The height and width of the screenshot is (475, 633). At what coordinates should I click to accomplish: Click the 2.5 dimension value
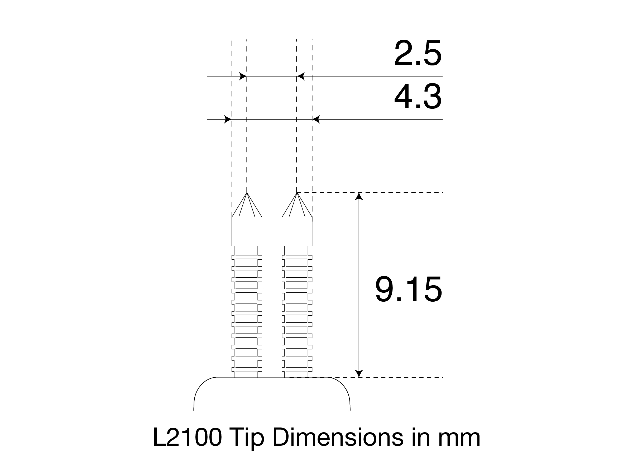click(418, 54)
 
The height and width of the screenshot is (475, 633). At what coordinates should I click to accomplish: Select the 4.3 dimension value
click(418, 97)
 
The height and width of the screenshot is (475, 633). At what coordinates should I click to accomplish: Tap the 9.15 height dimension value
click(409, 289)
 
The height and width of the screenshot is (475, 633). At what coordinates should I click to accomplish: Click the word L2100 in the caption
click(188, 437)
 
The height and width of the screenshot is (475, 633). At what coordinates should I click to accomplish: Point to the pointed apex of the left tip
click(247, 193)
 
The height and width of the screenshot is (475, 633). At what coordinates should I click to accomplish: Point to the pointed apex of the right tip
click(297, 193)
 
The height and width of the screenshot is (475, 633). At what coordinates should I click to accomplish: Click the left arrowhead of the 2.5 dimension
click(243, 76)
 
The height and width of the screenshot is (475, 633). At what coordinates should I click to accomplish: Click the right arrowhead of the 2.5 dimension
click(301, 76)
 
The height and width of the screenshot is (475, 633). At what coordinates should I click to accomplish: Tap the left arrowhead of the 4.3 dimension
click(228, 119)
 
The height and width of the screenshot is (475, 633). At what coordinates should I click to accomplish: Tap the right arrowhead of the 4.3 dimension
click(316, 119)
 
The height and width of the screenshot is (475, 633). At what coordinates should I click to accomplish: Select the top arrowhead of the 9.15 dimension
click(359, 196)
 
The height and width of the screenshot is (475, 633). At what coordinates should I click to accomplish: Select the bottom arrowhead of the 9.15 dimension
click(359, 373)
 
